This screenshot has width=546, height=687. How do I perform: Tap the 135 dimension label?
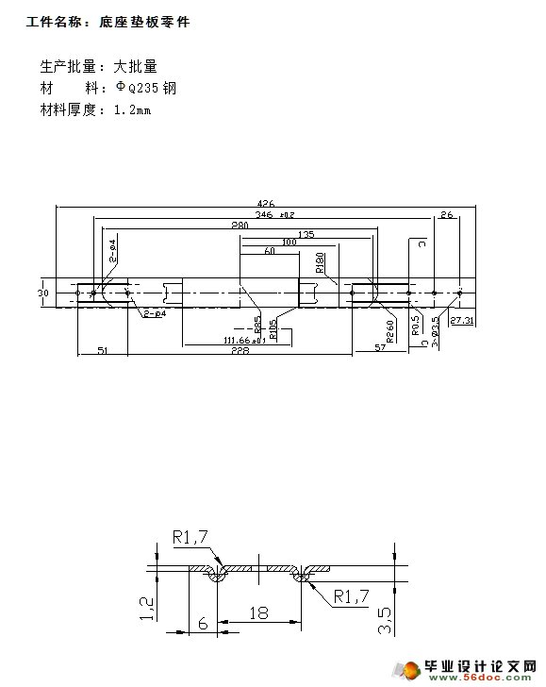(x=305, y=234)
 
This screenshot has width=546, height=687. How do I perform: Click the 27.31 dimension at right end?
(x=462, y=322)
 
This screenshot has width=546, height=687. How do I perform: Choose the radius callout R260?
(x=389, y=332)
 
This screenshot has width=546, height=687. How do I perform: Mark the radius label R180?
(x=320, y=262)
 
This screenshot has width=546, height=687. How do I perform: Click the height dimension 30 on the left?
(x=42, y=293)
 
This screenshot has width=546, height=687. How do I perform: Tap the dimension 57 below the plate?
(x=380, y=349)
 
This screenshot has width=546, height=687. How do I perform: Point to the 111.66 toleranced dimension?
(x=243, y=341)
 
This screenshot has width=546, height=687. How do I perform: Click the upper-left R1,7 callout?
(x=195, y=536)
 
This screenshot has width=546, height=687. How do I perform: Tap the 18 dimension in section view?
(x=257, y=612)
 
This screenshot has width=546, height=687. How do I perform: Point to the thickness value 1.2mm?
(x=132, y=109)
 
